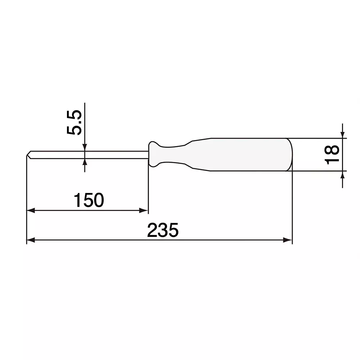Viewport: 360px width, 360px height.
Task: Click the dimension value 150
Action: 89,200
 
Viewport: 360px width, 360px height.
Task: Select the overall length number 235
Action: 163,230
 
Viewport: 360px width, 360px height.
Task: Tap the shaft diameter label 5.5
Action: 75,123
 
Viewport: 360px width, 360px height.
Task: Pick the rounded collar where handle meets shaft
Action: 153,154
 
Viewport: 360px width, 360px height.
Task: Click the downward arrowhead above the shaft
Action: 85,148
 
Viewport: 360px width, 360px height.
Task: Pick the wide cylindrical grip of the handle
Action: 248,154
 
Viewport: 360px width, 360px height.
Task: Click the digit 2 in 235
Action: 153,230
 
